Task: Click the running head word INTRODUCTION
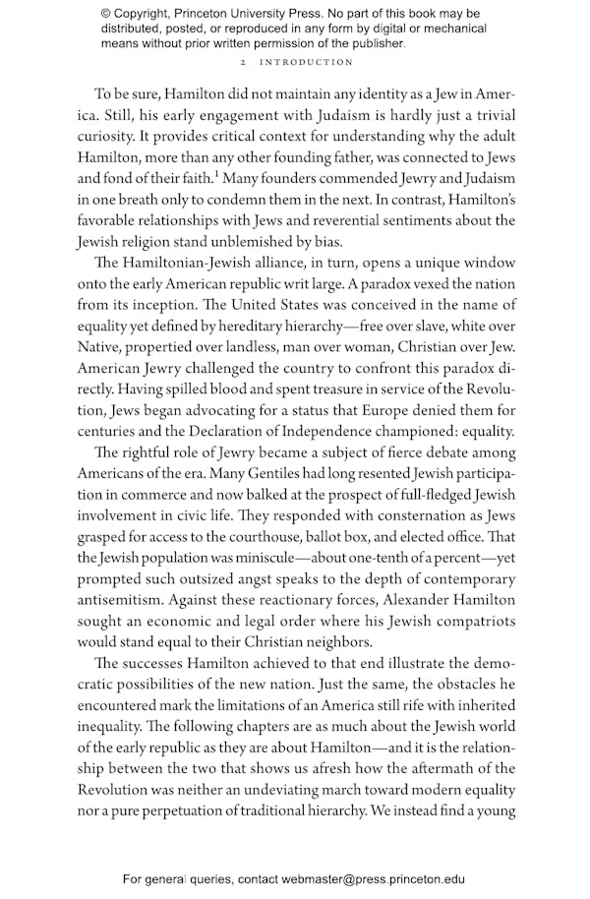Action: point(307,62)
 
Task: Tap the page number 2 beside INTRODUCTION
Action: point(243,62)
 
